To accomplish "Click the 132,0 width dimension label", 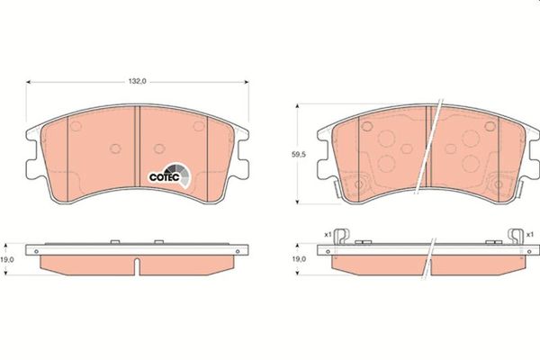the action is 138,81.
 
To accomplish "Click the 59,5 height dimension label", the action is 299,155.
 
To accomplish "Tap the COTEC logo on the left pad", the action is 169,175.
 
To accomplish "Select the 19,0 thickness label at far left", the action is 7,260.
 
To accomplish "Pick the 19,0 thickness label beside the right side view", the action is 299,259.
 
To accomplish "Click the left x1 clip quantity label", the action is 328,235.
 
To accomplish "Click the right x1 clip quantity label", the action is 530,235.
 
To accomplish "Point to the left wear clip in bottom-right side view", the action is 342,237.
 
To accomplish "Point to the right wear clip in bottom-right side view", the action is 516,237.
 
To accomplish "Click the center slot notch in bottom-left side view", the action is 137,266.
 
